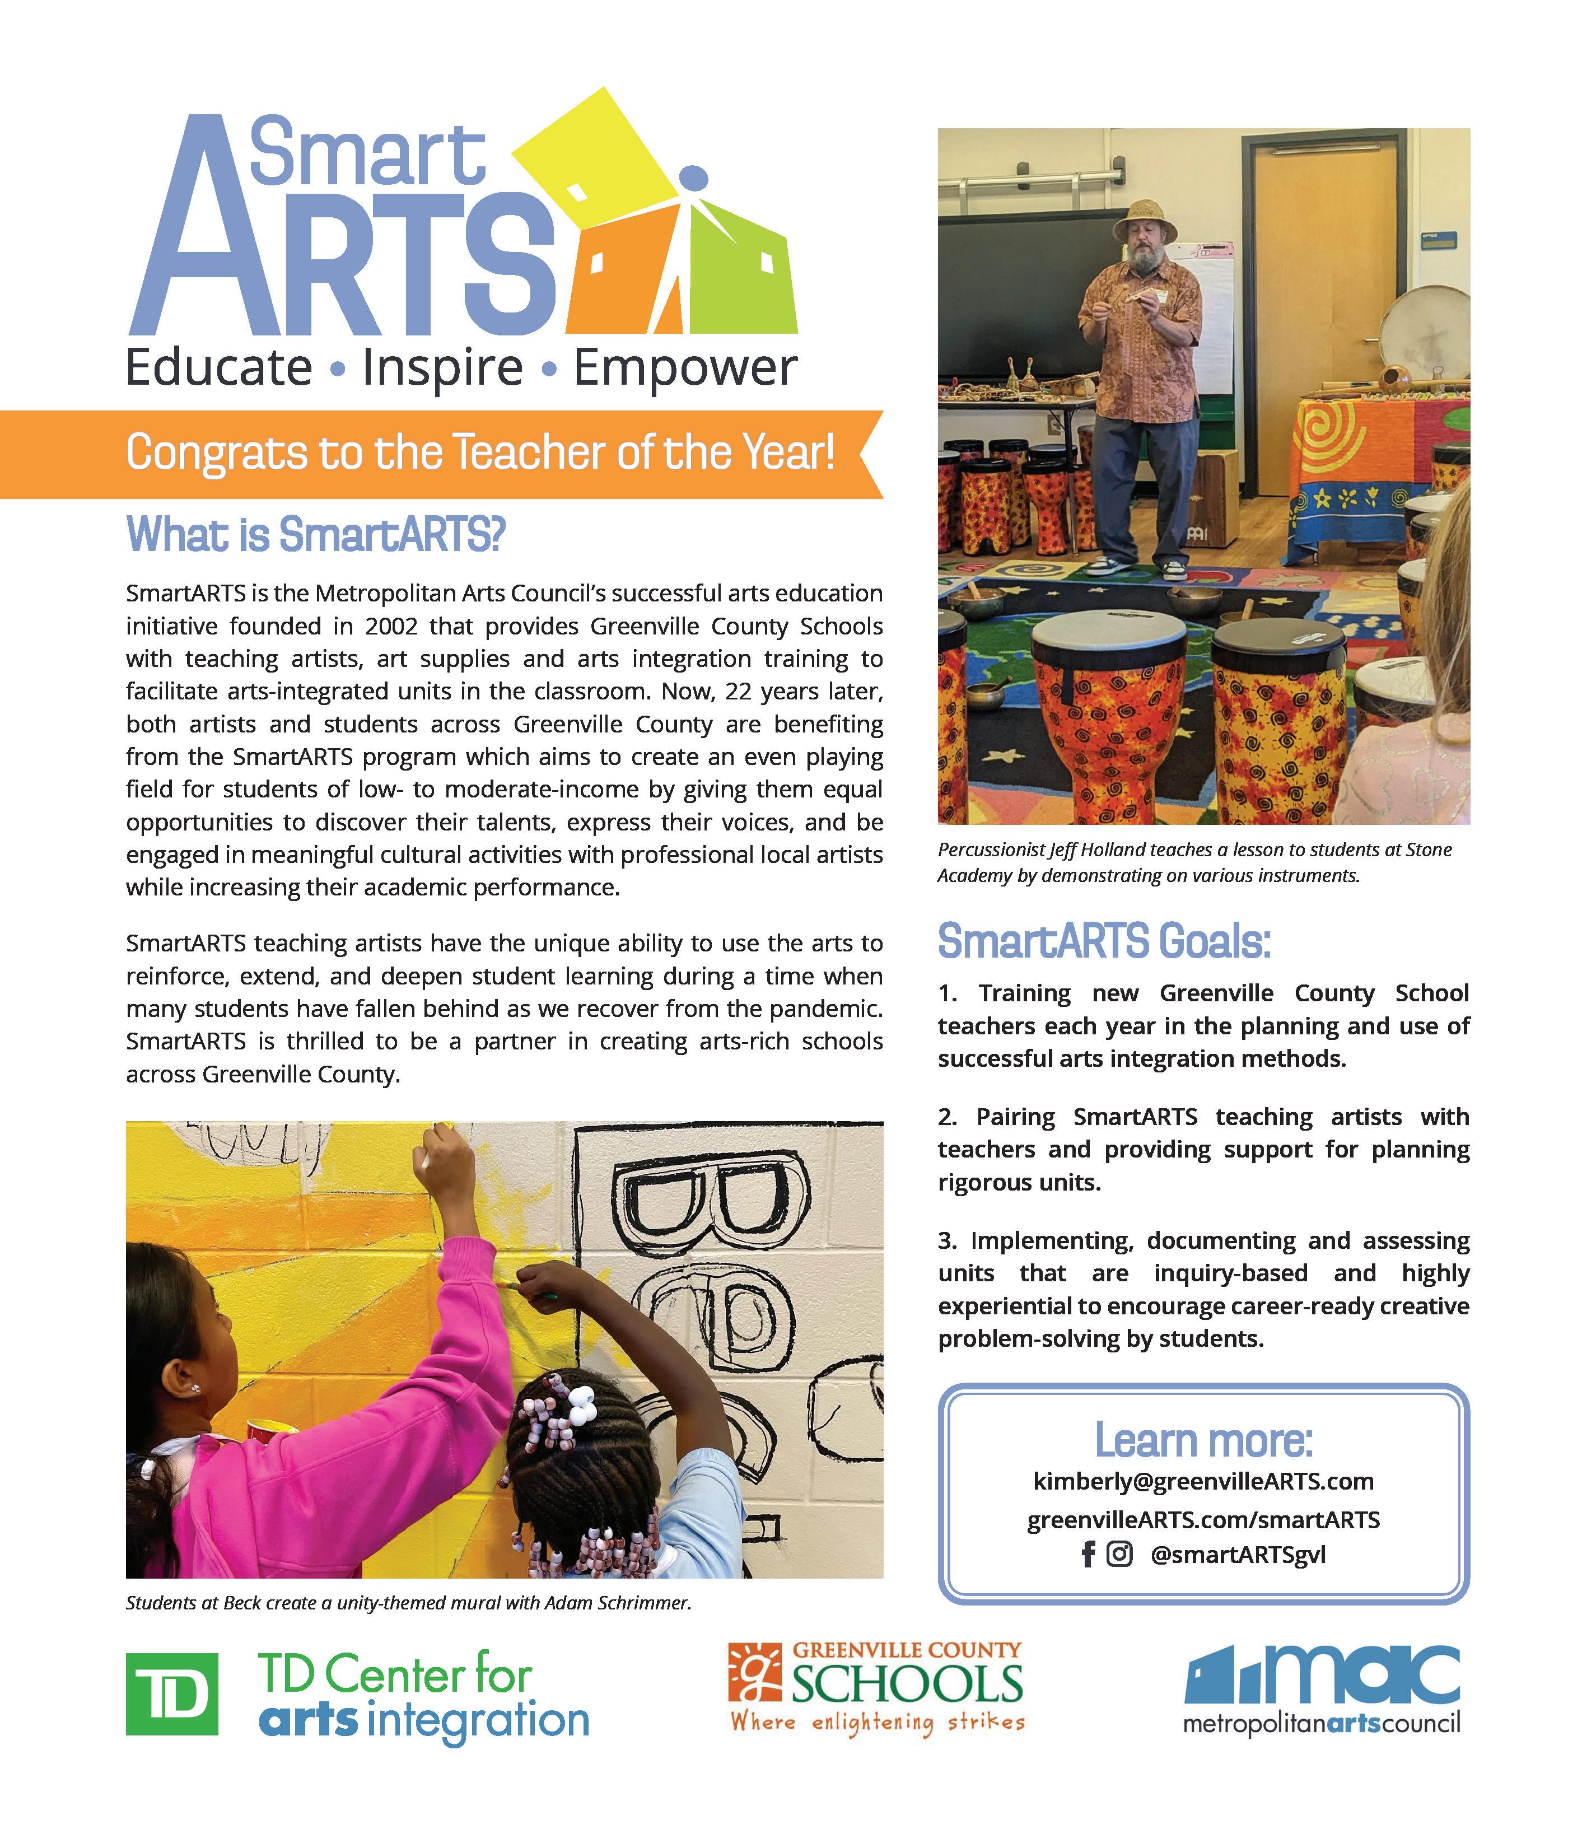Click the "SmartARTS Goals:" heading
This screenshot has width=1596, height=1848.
tap(1104, 942)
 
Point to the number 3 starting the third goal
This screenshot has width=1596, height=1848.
tap(946, 1240)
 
